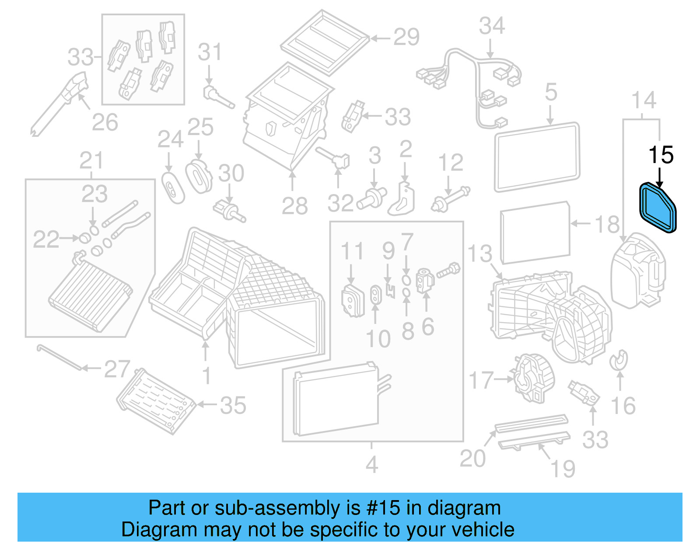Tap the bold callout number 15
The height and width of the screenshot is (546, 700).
(661, 155)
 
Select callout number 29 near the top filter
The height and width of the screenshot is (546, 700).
(406, 37)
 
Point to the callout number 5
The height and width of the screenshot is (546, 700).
(551, 92)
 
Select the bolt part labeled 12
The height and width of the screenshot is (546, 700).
(450, 199)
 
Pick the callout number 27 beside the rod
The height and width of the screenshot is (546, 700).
(117, 369)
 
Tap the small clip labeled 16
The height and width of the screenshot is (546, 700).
(619, 359)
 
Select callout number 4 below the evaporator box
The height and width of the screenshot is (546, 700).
(371, 464)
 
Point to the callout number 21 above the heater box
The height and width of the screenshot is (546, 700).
(91, 161)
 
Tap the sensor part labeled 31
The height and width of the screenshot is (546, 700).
(217, 97)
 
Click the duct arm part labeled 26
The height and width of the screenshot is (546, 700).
(59, 105)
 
